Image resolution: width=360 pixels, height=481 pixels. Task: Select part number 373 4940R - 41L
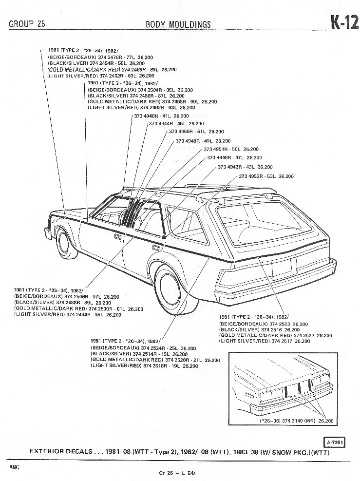click(x=152, y=116)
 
